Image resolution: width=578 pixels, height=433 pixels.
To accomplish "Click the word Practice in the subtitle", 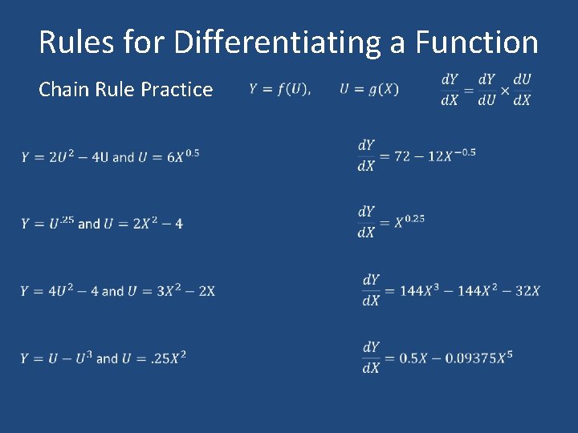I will [x=177, y=89].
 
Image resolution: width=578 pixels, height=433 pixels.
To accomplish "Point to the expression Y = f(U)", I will [x=280, y=89].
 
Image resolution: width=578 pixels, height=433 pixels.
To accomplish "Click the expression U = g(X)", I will [x=368, y=89].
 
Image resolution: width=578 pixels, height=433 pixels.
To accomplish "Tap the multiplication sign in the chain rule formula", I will [x=504, y=90].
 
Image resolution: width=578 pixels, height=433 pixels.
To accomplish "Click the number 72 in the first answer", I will [x=403, y=156].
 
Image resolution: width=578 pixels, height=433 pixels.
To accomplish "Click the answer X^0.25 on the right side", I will [x=409, y=221].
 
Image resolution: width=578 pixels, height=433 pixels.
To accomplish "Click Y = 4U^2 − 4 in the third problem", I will [x=59, y=290].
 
